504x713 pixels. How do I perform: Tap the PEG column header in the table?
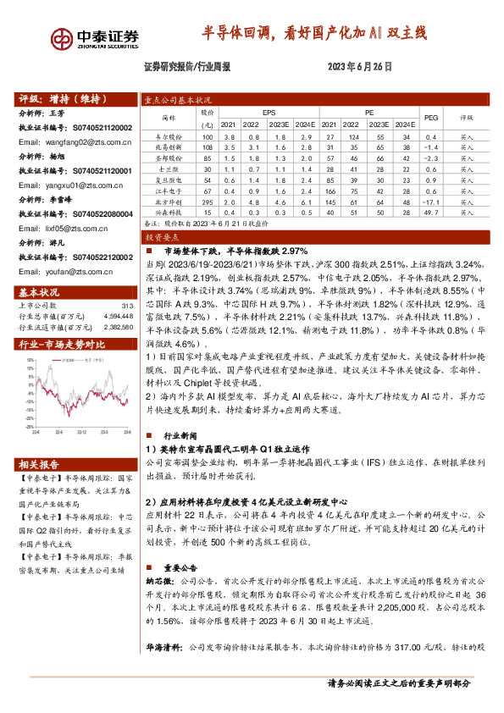coord(430,118)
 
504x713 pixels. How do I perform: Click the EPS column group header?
coord(269,112)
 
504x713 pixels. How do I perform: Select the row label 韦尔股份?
coord(173,135)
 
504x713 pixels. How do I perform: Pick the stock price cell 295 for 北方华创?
coord(208,202)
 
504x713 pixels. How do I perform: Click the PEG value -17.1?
coord(429,202)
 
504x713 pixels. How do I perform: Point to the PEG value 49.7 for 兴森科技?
coord(430,213)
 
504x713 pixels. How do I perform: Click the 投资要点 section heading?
coord(159,240)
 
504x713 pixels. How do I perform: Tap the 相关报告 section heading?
coord(39,465)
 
